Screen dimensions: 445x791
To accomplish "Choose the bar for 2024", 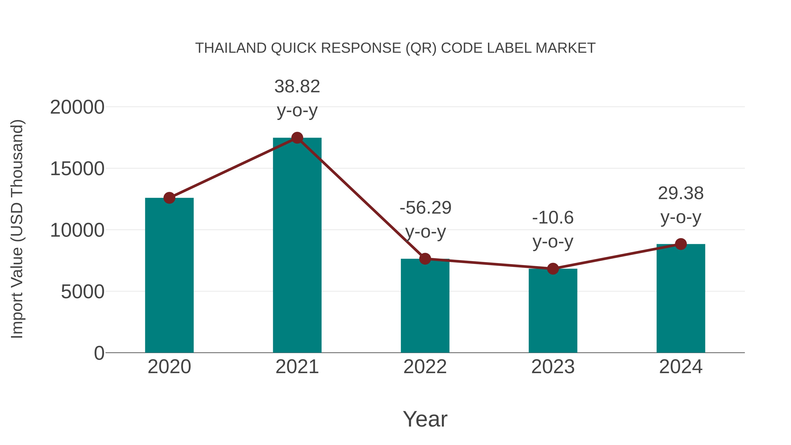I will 680,298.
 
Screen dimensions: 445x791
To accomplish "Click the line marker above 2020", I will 169,198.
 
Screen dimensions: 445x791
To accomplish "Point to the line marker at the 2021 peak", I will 297,138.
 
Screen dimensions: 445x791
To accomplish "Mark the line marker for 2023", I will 553,269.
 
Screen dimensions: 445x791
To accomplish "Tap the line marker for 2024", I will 680,244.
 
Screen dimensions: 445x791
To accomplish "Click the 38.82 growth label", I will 297,86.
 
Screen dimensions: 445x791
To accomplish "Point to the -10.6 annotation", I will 553,218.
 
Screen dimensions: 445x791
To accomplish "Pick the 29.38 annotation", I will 680,193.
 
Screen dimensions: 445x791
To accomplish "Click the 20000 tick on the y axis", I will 77,107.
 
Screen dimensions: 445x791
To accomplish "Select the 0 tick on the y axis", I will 99,353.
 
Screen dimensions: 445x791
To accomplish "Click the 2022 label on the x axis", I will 425,367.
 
